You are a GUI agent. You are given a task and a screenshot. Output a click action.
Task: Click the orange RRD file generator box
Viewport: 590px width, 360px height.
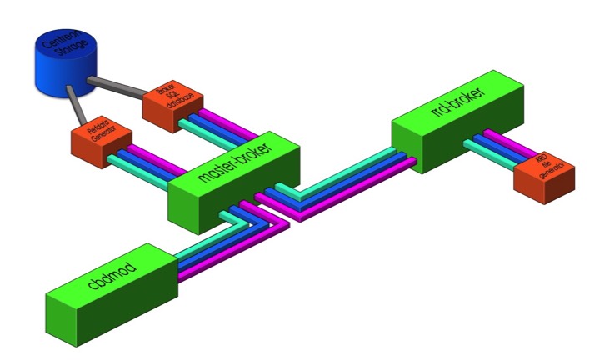(x=546, y=176)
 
